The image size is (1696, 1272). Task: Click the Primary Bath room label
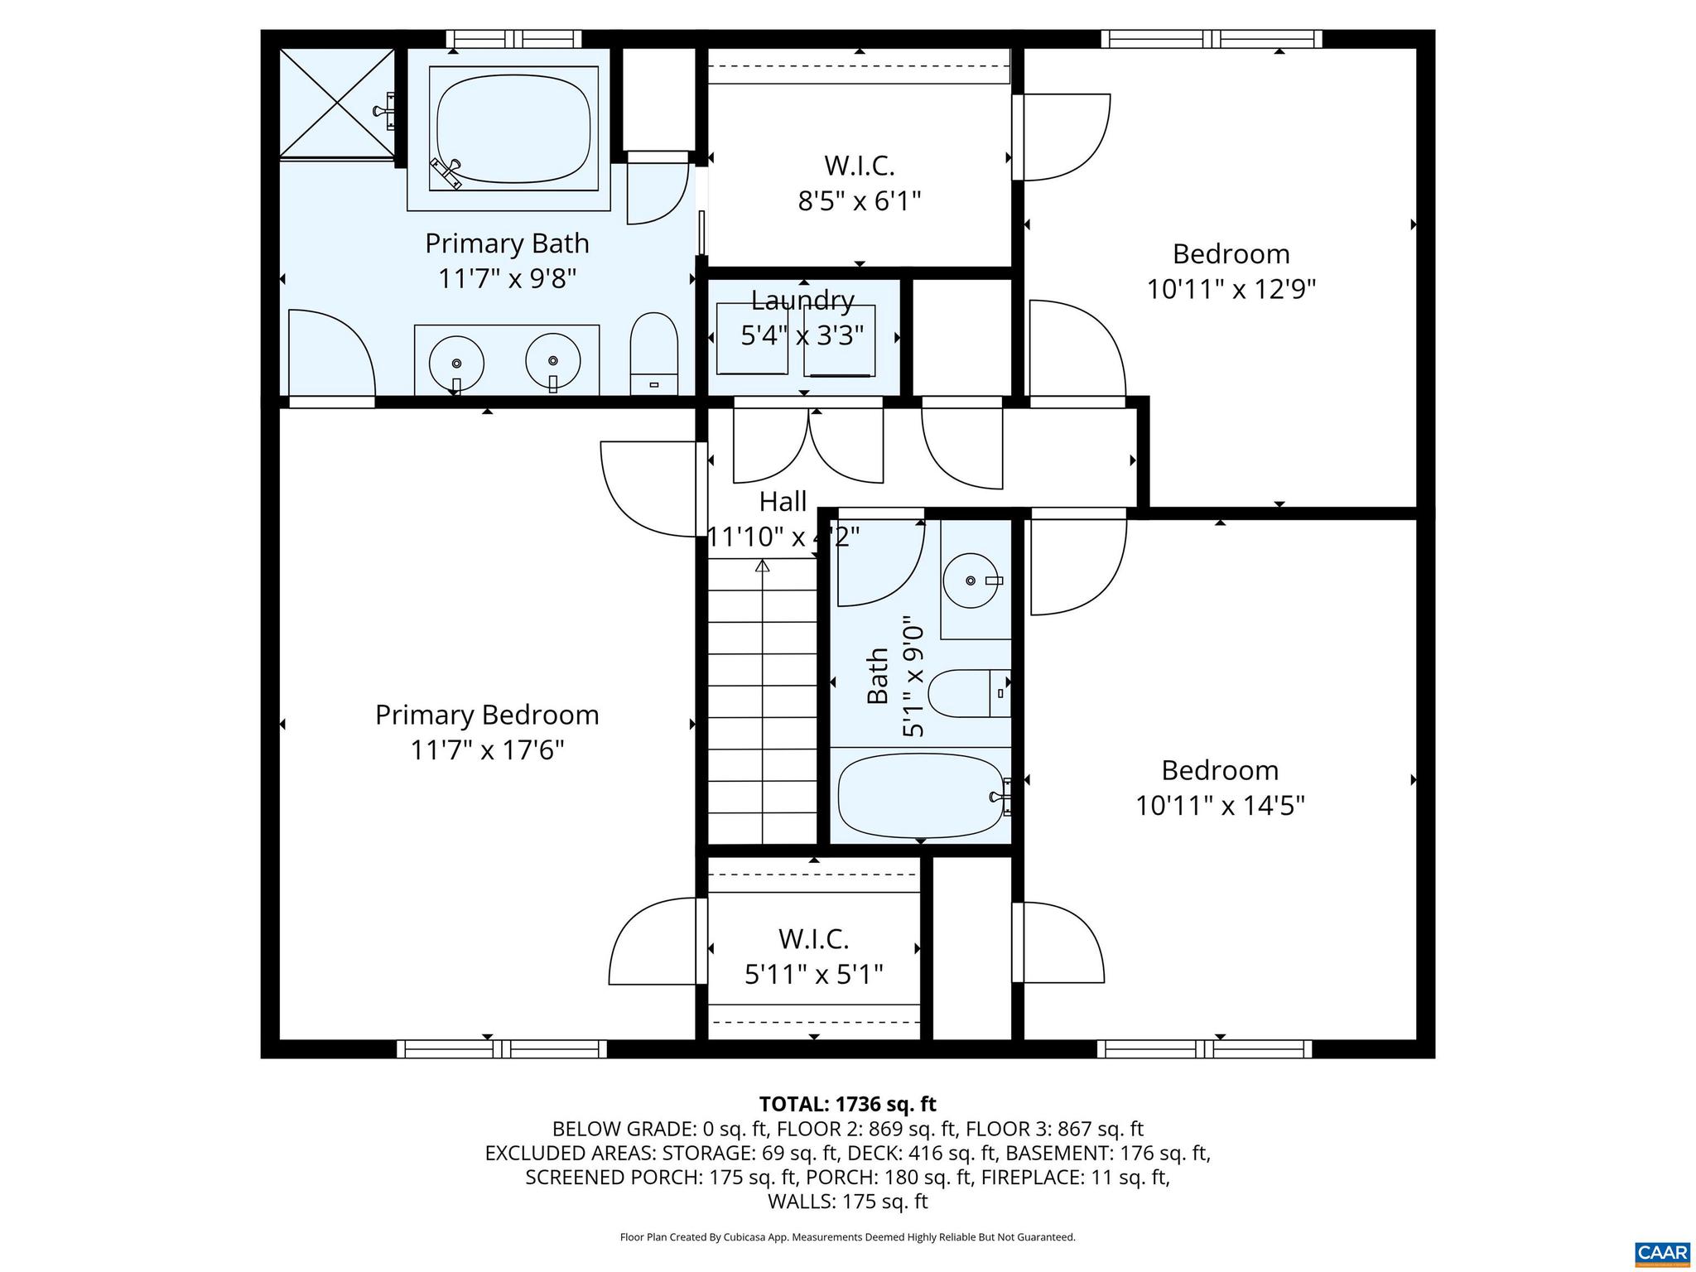point(507,243)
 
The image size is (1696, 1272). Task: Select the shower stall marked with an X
point(336,103)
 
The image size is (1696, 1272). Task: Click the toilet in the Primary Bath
point(654,352)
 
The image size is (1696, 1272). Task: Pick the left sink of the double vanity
point(456,364)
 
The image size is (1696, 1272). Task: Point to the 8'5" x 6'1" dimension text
point(859,201)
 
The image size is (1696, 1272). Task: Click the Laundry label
point(802,300)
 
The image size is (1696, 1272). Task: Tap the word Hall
point(783,502)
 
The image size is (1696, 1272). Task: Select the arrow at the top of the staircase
point(762,566)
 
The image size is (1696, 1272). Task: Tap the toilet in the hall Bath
point(965,693)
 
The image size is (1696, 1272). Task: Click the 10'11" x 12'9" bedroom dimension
point(1231,290)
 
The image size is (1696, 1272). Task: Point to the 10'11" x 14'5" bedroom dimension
point(1219,806)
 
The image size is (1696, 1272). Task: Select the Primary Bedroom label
point(487,715)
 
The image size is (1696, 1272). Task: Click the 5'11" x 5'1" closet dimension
point(813,975)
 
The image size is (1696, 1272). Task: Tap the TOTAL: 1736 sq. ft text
point(847,1104)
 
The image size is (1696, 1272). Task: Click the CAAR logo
point(1662,1251)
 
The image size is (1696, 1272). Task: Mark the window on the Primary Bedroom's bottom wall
point(502,1049)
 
